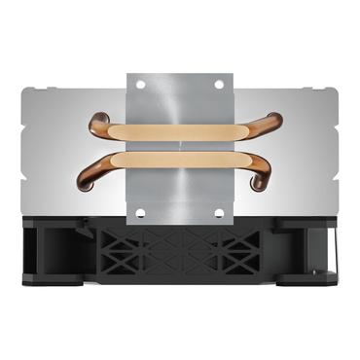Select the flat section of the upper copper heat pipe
tap(180, 129)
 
